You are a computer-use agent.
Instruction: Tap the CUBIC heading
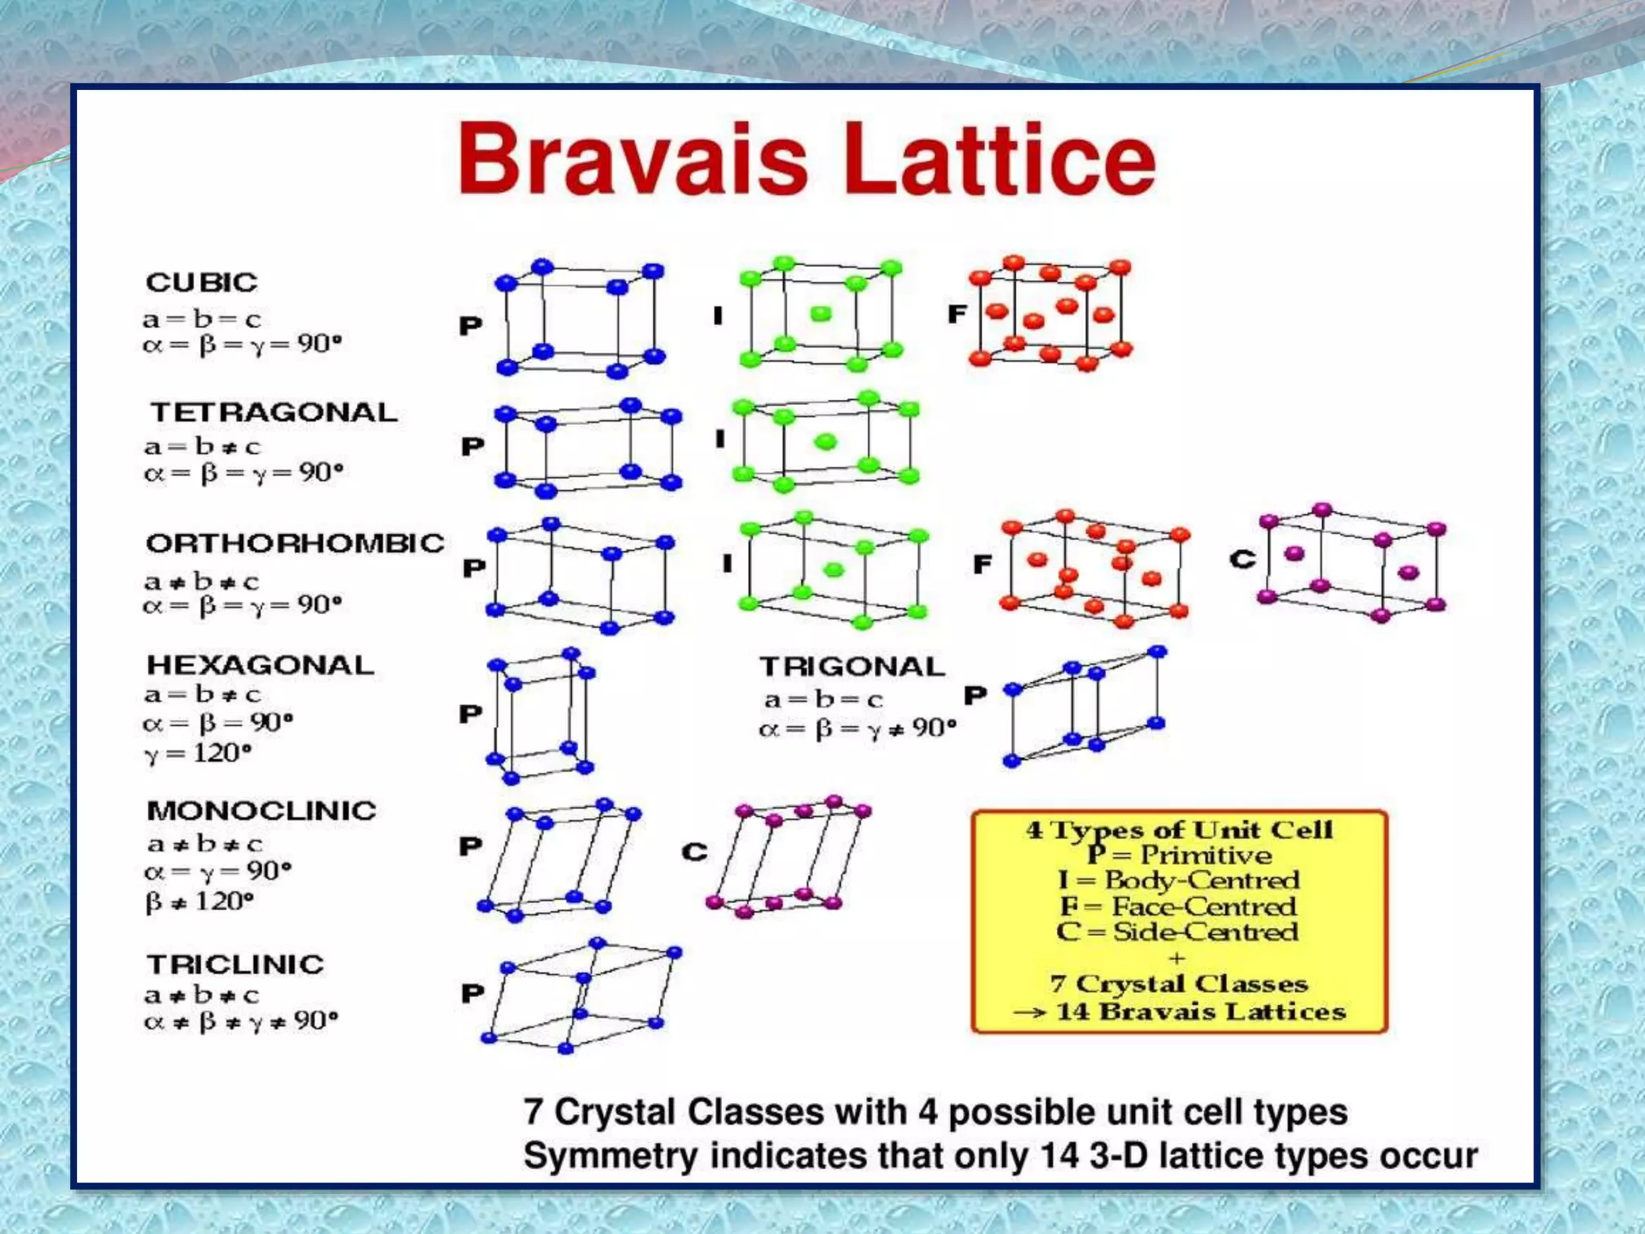click(202, 283)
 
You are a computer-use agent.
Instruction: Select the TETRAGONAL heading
click(274, 413)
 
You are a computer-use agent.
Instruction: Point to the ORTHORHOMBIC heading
click(295, 543)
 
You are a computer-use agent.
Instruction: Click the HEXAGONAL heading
click(260, 665)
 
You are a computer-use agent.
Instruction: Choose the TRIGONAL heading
click(852, 667)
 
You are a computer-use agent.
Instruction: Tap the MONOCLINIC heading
click(261, 811)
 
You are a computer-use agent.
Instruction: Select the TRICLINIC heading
click(235, 964)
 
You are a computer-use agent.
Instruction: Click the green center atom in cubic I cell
click(820, 314)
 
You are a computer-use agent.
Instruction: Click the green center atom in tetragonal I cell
click(825, 441)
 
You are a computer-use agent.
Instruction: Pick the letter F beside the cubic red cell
click(957, 314)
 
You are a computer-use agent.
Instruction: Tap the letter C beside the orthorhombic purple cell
click(1242, 559)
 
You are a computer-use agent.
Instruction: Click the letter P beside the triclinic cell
click(472, 994)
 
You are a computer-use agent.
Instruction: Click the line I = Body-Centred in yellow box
click(1178, 880)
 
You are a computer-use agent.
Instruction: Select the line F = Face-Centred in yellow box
click(1178, 906)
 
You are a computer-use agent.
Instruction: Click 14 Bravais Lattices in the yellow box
click(1200, 1011)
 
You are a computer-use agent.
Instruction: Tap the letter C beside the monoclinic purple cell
click(695, 852)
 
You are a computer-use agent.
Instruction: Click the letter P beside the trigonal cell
click(975, 695)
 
